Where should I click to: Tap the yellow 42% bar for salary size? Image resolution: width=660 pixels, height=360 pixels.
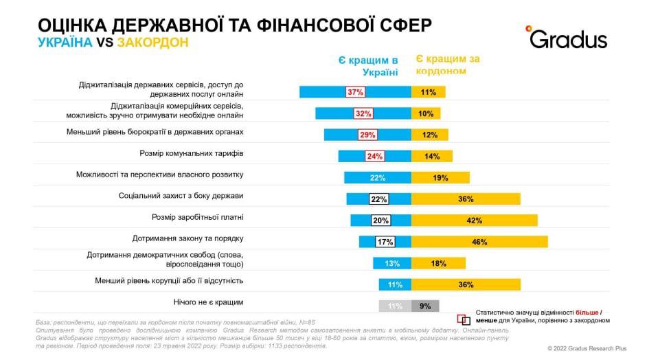coord(474,220)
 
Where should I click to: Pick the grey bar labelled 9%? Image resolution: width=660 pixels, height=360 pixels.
coord(424,306)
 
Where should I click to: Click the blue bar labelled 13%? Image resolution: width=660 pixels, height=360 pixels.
coord(392,263)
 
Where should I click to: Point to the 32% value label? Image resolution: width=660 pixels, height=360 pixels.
coord(363,113)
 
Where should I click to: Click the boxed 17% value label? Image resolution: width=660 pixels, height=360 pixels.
coord(385,241)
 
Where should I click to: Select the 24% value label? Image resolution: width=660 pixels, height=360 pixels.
coord(374,156)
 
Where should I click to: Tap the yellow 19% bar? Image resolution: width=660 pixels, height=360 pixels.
coord(440,177)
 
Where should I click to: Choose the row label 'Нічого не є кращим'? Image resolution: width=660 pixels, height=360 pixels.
coord(209,302)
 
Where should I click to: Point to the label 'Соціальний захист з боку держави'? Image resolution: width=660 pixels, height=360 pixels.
coord(181,196)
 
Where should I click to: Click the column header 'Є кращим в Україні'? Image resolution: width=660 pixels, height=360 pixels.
coord(368,66)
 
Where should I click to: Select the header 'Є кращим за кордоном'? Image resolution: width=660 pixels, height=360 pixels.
coord(448,65)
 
